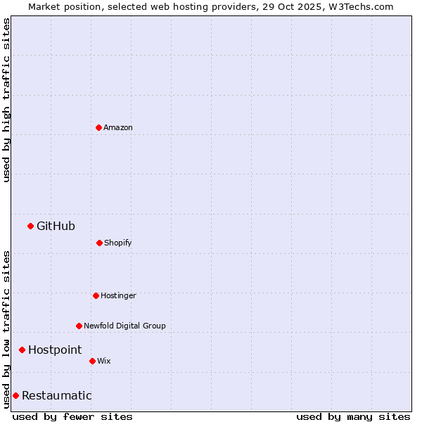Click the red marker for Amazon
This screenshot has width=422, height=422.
point(98,127)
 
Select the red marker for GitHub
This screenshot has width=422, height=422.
point(30,226)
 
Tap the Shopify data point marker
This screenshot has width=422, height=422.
point(99,243)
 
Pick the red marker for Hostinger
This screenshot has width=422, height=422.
point(96,295)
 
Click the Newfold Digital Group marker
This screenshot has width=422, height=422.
point(79,326)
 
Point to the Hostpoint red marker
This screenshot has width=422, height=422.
point(22,350)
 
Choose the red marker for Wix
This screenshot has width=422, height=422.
point(92,361)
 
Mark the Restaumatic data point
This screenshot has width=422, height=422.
point(15,395)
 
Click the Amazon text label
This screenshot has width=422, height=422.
point(118,127)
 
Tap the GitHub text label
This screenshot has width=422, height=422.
point(56,226)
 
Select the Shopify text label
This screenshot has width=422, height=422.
point(118,243)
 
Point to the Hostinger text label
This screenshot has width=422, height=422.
point(118,295)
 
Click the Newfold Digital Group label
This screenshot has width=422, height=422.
point(124,326)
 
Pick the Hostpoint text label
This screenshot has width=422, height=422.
point(55,350)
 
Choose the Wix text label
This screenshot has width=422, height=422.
point(104,361)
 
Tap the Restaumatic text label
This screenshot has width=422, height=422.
point(56,395)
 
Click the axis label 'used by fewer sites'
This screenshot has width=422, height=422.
point(72,416)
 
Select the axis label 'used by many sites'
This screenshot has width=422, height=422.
point(353,416)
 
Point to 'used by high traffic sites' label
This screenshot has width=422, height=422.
point(6,100)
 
